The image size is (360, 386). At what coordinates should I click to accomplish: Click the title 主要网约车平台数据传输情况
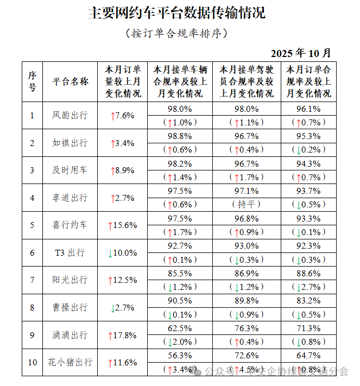coord(177,14)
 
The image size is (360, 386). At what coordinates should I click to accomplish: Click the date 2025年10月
coord(300,53)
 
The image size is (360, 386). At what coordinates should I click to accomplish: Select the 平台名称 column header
coord(70,81)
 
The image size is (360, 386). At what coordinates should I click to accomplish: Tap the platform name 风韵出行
coord(70,115)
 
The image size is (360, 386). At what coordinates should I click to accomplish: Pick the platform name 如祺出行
coord(70,143)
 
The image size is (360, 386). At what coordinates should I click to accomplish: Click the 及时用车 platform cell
coord(70,170)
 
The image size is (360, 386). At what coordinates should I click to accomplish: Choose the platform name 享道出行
coord(70,198)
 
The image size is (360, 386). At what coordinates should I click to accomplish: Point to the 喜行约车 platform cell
coord(70,225)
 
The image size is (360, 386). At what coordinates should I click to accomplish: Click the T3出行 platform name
coord(70,252)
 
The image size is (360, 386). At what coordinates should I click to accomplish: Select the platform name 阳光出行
coord(70,280)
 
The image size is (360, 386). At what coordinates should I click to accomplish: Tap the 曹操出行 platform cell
coord(70,307)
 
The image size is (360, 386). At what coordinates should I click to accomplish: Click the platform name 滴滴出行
coord(70,334)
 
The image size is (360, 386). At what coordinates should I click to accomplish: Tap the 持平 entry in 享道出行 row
coord(247,204)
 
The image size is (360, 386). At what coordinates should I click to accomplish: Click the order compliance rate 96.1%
coord(308,109)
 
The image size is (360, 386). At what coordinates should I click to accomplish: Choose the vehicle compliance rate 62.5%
coord(180,328)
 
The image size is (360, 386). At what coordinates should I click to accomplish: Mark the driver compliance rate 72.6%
coord(247,356)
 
